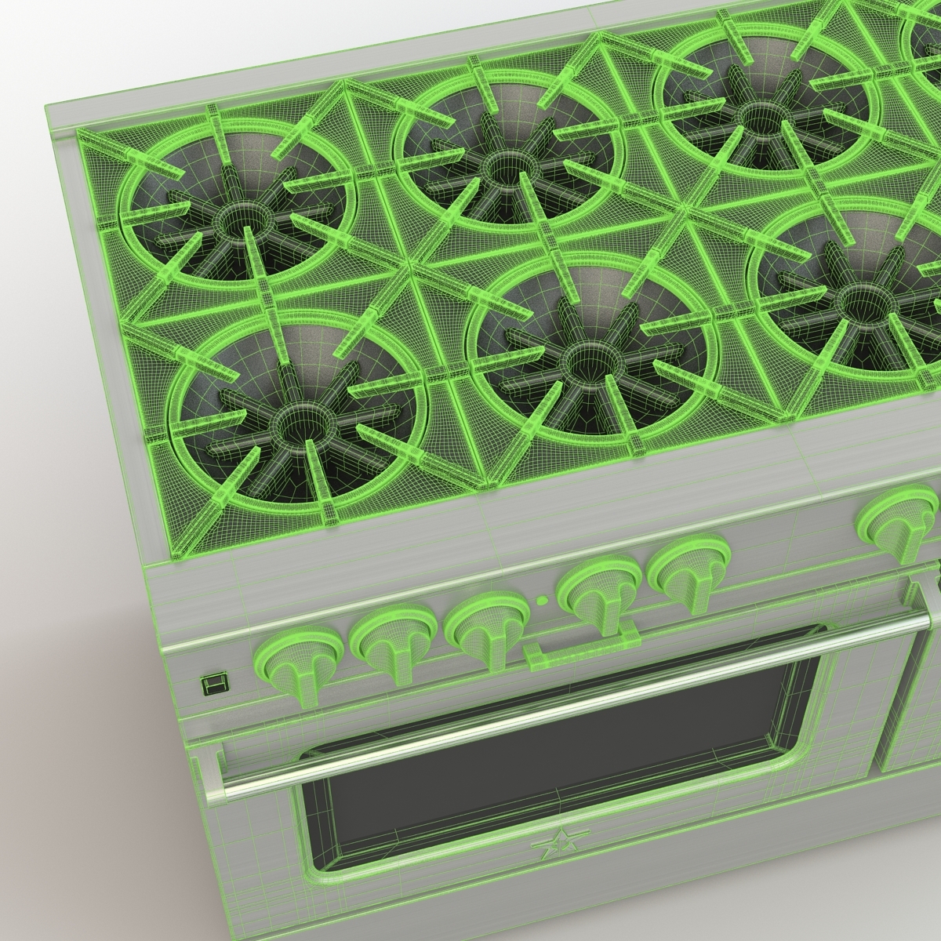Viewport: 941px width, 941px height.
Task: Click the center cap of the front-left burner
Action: pos(295,423)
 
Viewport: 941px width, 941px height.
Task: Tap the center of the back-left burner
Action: pos(233,223)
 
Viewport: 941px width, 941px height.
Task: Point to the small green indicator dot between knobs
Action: pos(542,602)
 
